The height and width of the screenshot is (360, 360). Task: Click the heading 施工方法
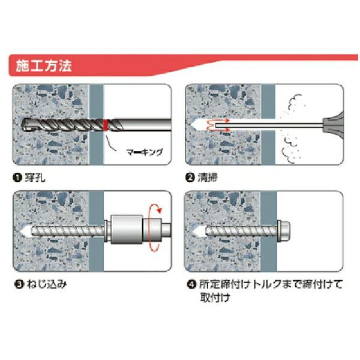pyautogui.click(x=44, y=66)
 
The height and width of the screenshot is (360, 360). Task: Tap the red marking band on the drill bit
pyautogui.click(x=106, y=125)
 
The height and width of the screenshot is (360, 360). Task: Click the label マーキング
pyautogui.click(x=145, y=152)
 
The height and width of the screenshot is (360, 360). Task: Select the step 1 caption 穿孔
pyautogui.click(x=35, y=178)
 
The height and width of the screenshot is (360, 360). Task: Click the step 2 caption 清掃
pyautogui.click(x=208, y=178)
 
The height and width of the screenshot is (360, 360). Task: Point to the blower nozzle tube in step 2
pyautogui.click(x=269, y=125)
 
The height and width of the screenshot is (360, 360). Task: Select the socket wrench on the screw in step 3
pyautogui.click(x=137, y=229)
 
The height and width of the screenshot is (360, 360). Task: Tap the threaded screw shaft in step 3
pyautogui.click(x=68, y=231)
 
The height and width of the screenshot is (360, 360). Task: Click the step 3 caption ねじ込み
pyautogui.click(x=47, y=284)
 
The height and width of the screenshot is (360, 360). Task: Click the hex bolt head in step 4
pyautogui.click(x=284, y=231)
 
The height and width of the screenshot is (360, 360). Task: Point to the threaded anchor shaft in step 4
pyautogui.click(x=241, y=231)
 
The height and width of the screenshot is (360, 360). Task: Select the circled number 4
pyautogui.click(x=192, y=284)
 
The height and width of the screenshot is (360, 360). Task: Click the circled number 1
pyautogui.click(x=17, y=178)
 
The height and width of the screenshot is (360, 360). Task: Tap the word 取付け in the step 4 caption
pyautogui.click(x=215, y=298)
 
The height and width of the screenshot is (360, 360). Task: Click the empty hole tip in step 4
pyautogui.click(x=199, y=231)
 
